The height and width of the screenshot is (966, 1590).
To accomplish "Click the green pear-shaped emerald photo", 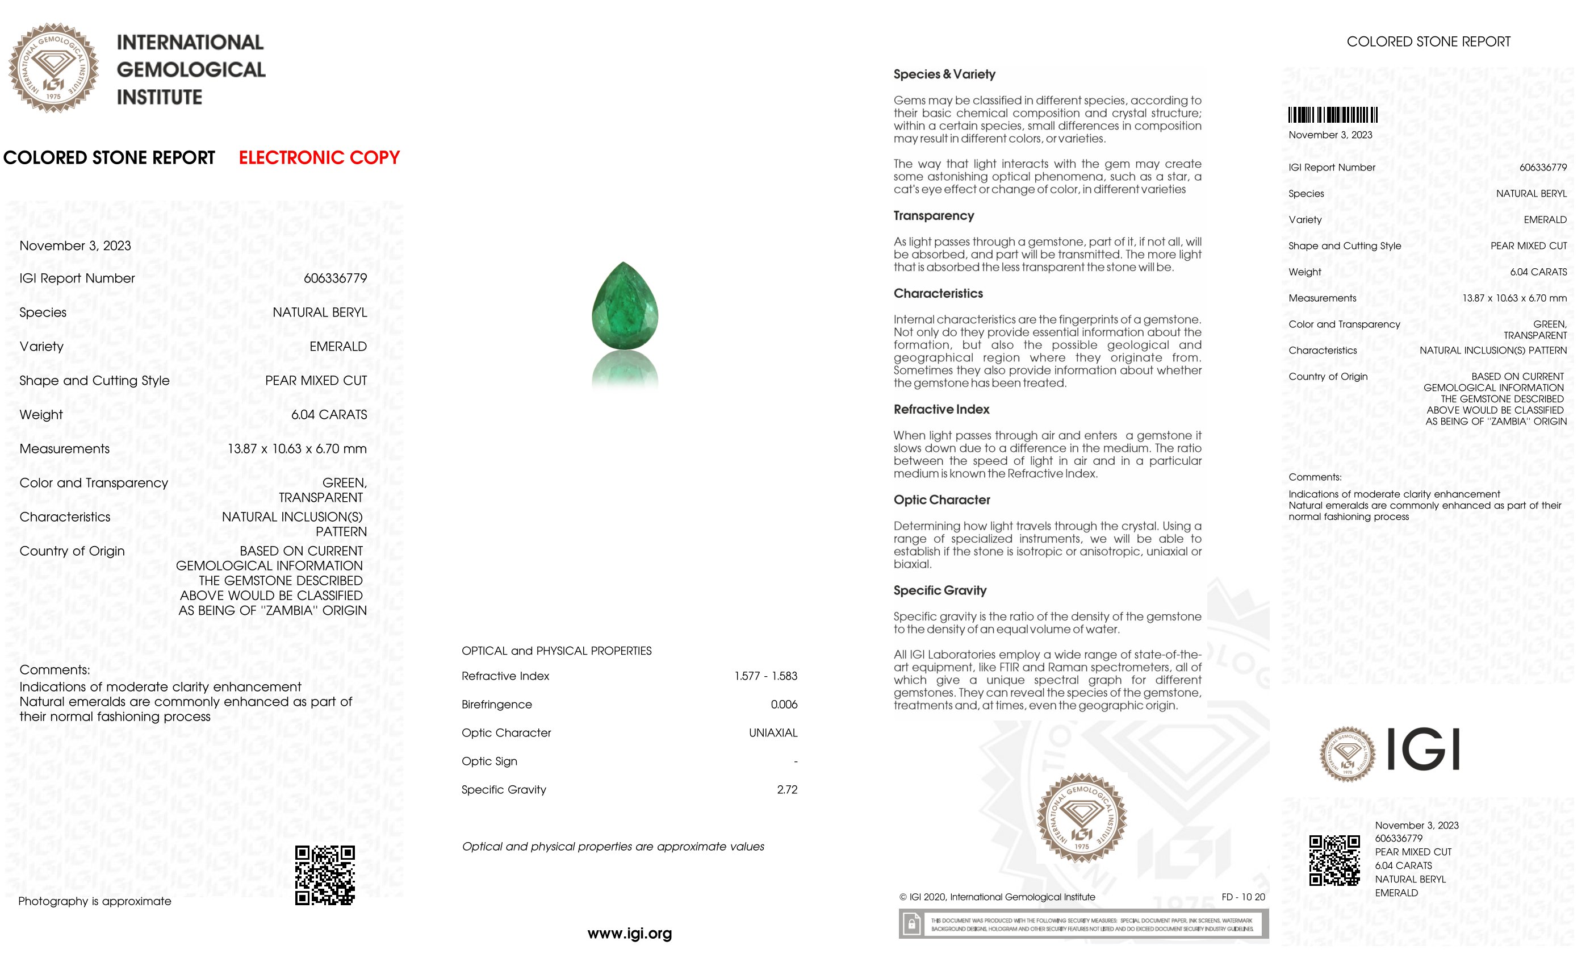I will coord(625,306).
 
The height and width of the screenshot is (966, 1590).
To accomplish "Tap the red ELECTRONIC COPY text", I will coord(319,157).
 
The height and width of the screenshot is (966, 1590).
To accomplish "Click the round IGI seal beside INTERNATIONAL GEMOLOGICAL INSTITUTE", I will coord(53,68).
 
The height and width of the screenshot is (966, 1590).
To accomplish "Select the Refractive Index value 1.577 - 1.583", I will coord(765,676).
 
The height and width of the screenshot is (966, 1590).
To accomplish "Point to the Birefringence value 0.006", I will coord(784,705).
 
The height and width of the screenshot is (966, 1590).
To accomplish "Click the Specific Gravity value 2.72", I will coord(786,790).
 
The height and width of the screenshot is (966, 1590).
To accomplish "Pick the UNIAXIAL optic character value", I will coord(772,733).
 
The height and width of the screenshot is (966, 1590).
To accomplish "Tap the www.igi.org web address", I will coord(629,933).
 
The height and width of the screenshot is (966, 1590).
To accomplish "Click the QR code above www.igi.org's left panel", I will coord(325,875).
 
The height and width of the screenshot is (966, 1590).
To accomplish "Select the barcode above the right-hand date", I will coord(1333,115).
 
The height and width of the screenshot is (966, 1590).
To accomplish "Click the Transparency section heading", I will coord(933,216).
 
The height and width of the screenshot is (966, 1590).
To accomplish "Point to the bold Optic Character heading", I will coord(942,500).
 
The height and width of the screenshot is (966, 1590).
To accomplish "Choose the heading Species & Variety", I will coord(944,74).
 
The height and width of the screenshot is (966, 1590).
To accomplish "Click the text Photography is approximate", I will coord(95,901).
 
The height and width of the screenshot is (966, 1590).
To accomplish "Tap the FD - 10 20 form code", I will coord(1243,897).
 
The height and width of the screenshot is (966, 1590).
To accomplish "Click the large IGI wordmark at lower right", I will coord(1423,749).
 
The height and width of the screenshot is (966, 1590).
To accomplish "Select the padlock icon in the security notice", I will coord(911,924).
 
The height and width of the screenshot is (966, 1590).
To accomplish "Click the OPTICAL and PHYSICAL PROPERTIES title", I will coord(556,651).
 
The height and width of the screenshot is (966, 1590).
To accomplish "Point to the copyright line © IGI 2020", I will coord(997,897).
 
